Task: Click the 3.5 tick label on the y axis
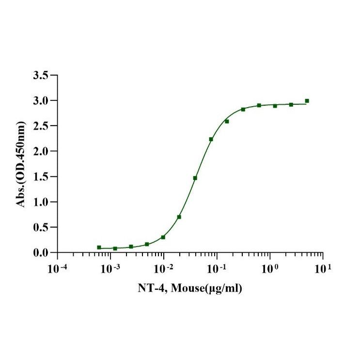40,76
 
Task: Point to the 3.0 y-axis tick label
40,101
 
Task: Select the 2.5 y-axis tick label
40,126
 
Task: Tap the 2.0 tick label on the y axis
40,152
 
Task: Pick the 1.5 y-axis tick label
40,177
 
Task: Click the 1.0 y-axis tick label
40,202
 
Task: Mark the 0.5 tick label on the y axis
40,227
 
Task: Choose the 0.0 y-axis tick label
40,253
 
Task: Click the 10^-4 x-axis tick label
58,267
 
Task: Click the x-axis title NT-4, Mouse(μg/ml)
189,289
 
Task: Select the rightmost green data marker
307,101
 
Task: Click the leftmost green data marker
99,247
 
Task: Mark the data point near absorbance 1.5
195,178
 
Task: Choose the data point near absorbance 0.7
179,217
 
